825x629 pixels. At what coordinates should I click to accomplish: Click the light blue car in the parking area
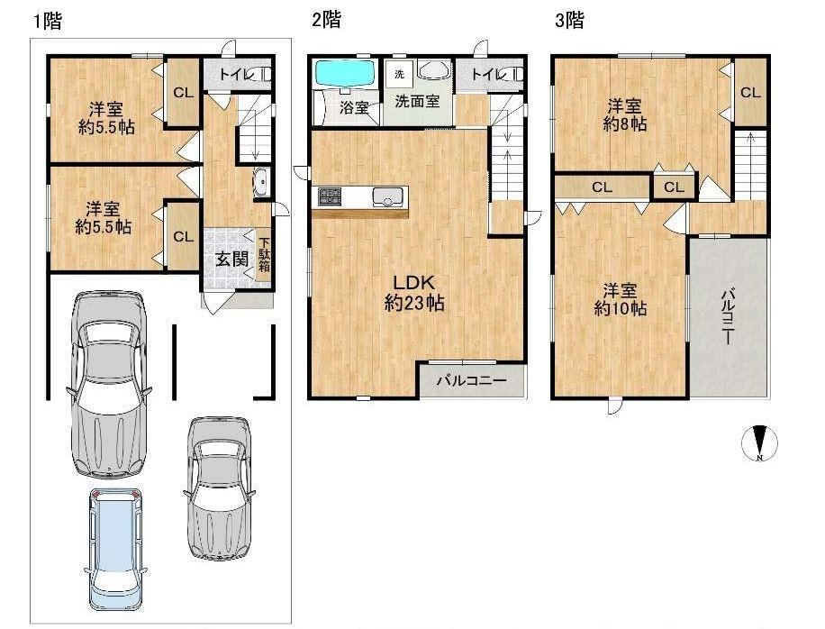point(116,550)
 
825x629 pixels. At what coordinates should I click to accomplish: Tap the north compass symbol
point(760,442)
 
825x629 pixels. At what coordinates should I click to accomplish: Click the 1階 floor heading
point(48,21)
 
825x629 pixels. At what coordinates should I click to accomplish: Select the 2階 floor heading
point(326,20)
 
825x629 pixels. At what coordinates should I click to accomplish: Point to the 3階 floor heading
point(569,20)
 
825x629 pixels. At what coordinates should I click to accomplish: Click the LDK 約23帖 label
point(414,293)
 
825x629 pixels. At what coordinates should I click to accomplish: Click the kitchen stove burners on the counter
point(330,196)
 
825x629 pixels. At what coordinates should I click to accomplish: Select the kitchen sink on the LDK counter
point(388,196)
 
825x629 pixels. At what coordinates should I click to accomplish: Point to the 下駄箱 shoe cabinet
point(264,255)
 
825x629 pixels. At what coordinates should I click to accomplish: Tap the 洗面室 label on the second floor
point(417,101)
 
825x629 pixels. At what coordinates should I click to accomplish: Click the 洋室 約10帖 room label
point(620,299)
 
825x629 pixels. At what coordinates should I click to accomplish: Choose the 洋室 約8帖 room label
point(624,115)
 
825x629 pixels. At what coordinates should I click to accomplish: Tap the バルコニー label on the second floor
point(471,380)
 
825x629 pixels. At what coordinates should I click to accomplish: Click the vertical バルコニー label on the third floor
point(729,314)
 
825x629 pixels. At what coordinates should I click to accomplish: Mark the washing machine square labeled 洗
point(399,74)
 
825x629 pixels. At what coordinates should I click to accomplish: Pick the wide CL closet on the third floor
point(602,187)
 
